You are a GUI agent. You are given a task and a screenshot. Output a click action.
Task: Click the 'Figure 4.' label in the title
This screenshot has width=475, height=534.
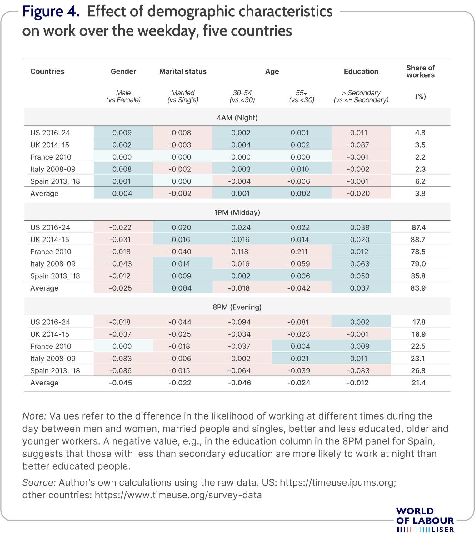point(51,12)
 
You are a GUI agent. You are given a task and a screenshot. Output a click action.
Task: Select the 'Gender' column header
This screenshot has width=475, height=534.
point(123,71)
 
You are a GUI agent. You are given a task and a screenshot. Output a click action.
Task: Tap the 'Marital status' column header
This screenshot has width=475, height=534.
point(183,71)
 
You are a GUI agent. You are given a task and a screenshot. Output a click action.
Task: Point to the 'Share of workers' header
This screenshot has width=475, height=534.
point(421,71)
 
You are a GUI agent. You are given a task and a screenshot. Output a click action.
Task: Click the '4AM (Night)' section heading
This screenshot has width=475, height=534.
point(237,118)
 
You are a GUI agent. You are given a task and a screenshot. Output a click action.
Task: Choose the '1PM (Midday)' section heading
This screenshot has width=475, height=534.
point(237,212)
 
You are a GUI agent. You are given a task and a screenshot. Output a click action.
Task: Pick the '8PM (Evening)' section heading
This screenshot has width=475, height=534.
point(237,307)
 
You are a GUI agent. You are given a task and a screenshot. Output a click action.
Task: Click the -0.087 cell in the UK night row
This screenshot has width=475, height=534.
point(358,145)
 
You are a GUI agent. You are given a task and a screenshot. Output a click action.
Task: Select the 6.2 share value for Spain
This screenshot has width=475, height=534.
point(420,181)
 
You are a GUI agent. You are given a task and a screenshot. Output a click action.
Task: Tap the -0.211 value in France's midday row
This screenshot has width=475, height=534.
point(299,252)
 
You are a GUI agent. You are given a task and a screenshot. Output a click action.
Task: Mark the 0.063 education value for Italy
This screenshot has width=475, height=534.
point(360,264)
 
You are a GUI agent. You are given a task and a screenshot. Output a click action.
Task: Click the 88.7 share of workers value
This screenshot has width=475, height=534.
point(419,240)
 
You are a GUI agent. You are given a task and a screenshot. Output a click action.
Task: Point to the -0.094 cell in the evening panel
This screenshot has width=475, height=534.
point(239,322)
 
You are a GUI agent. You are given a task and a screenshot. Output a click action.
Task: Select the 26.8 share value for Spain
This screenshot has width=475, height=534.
point(419,371)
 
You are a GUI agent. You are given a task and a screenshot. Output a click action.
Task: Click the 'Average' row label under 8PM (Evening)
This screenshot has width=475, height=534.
point(44,383)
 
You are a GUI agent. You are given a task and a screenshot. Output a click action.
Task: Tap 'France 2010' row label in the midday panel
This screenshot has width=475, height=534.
point(51,252)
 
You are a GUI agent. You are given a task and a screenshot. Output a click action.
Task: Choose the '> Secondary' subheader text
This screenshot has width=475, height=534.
point(361,93)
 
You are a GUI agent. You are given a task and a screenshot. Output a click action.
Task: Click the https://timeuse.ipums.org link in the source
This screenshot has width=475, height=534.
point(338,482)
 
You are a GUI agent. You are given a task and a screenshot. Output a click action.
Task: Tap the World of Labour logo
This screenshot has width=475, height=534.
point(425,520)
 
